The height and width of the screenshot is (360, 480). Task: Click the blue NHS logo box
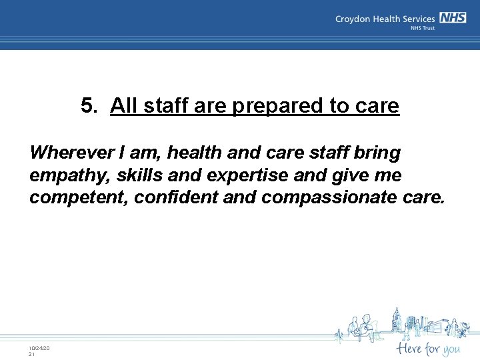(453, 19)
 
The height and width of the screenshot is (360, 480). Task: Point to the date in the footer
(39, 349)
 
